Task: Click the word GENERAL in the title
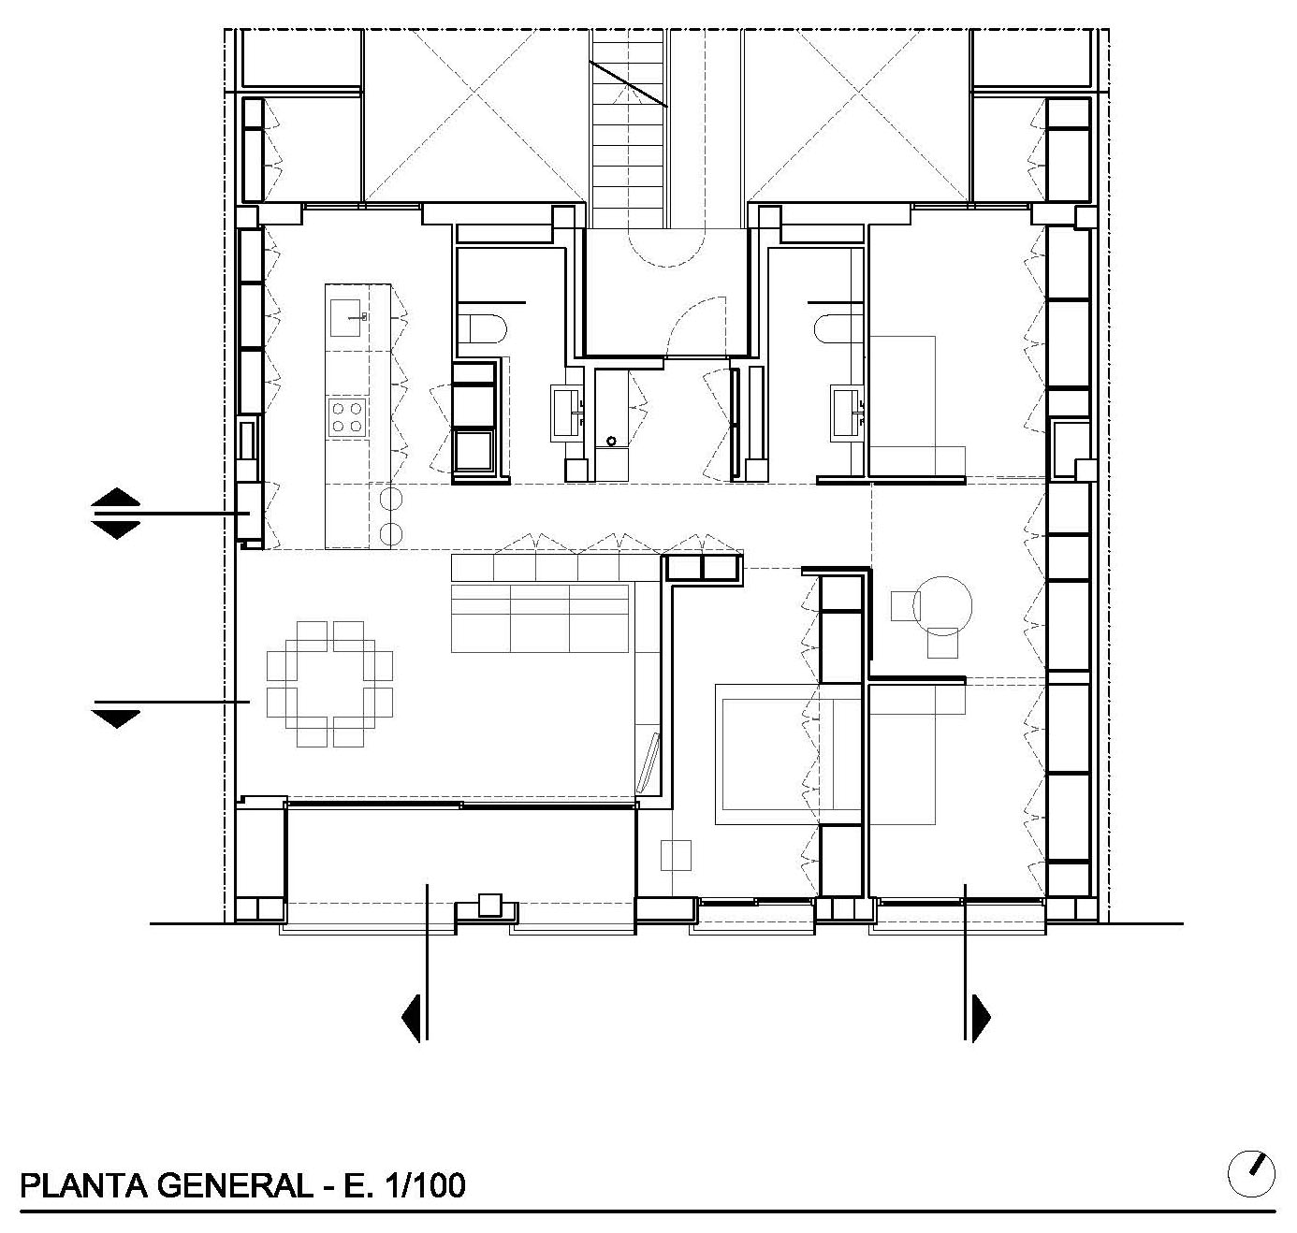click(235, 1185)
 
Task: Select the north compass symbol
click(1251, 1174)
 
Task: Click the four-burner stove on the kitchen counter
click(346, 416)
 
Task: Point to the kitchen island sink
click(345, 317)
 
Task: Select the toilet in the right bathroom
click(838, 328)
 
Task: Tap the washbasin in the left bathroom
click(567, 413)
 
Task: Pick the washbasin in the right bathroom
click(847, 413)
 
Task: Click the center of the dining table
click(329, 684)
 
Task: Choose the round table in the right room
click(942, 605)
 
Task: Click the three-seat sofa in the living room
click(540, 617)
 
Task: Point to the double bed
click(788, 754)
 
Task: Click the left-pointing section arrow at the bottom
click(415, 1018)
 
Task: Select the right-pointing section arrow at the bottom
click(978, 1018)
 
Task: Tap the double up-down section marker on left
click(116, 514)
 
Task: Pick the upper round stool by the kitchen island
click(391, 499)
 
